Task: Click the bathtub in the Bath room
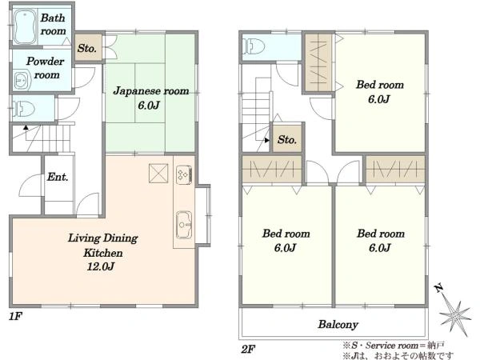point(25,27)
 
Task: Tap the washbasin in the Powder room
point(22,81)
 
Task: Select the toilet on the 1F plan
point(23,109)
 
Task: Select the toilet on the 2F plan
point(254,46)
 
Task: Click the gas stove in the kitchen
point(184,174)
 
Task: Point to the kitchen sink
point(184,225)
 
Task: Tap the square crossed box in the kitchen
point(158,174)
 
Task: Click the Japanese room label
point(151,91)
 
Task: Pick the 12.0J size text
point(101,266)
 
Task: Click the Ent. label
point(58,177)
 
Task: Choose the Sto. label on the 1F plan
point(86,48)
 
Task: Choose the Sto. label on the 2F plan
point(287,139)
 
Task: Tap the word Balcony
point(338,324)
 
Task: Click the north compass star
point(455,315)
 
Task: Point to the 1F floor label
point(15,316)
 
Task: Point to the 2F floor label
point(248,349)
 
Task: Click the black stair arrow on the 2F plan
point(267,140)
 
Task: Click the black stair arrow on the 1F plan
point(26,127)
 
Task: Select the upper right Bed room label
point(379,85)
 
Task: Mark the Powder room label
point(46,68)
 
